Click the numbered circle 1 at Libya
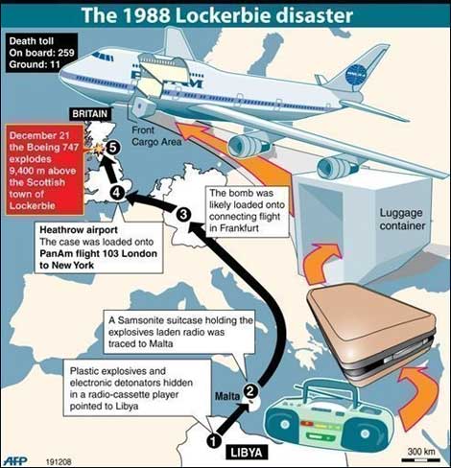coord(214,441)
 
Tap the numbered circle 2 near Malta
coord(250,390)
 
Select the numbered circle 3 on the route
coord(183,214)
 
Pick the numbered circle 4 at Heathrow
coord(117,193)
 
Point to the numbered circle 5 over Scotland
coord(113,148)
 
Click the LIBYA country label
coord(247,452)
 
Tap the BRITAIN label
coord(90,114)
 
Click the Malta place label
coord(227,396)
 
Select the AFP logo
coord(14,460)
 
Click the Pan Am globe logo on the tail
coord(358,76)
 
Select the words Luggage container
coord(402,220)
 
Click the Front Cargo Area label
coord(156,136)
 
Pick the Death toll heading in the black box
coord(32,41)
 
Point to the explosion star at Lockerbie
coord(97,150)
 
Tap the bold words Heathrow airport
coord(79,230)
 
